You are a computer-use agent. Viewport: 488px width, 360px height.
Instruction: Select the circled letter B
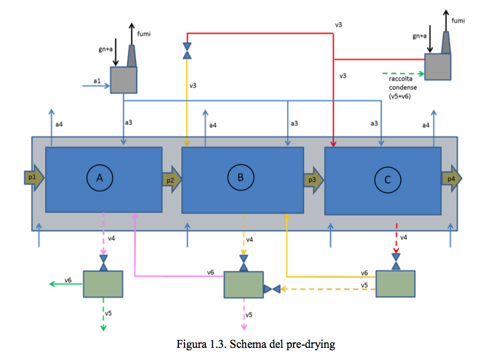[240, 177]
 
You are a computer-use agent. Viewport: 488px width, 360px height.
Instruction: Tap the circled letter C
[387, 179]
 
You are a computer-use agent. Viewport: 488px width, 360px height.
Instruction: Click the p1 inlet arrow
[34, 178]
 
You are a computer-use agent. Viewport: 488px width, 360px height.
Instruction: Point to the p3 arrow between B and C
[313, 180]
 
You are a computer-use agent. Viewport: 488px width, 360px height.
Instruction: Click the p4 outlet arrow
[451, 179]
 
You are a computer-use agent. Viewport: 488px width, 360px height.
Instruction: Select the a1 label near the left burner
[97, 82]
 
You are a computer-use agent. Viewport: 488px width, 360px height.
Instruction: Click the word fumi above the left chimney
[144, 34]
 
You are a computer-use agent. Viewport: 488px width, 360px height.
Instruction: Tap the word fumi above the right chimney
[458, 20]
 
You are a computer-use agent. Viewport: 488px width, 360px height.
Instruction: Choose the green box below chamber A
[102, 284]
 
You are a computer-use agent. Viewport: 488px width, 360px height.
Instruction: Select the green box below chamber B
[243, 285]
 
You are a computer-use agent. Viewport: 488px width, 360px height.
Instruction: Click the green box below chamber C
[395, 283]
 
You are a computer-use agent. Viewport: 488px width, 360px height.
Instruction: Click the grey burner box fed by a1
[123, 80]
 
